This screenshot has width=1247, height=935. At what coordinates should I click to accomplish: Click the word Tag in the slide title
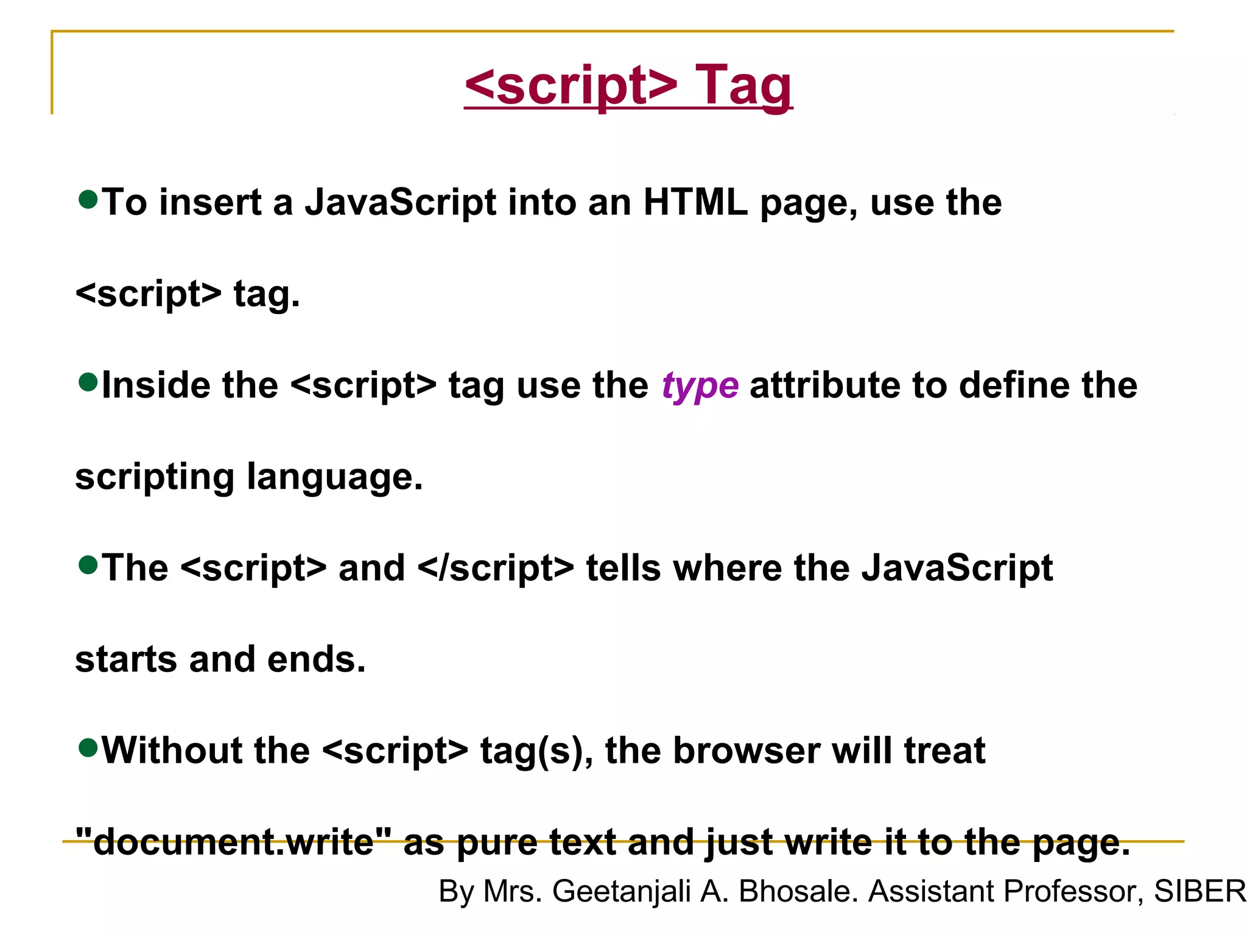743,86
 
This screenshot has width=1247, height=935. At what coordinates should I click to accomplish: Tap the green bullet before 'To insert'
88,199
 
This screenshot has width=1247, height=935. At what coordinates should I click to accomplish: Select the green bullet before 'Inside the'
88,382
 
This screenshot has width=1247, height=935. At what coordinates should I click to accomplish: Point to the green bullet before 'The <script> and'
88,565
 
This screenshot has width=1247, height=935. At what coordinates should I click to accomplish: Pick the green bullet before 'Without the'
88,748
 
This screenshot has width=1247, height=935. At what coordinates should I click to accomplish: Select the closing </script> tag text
496,569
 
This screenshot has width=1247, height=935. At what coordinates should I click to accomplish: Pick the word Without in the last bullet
172,751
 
